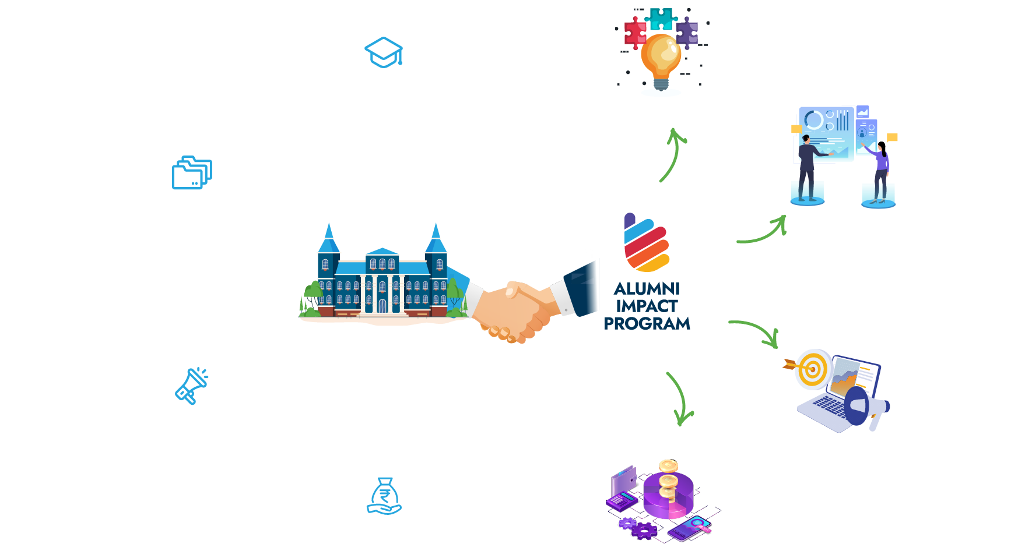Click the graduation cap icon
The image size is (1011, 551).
pyautogui.click(x=384, y=52)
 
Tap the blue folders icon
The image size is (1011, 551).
pyautogui.click(x=192, y=172)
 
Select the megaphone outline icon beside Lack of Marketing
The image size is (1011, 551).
pyautogui.click(x=191, y=386)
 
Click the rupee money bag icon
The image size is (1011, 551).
pyautogui.click(x=384, y=496)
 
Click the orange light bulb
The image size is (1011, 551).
pyautogui.click(x=661, y=58)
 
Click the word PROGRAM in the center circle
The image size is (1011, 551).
pyautogui.click(x=647, y=324)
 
